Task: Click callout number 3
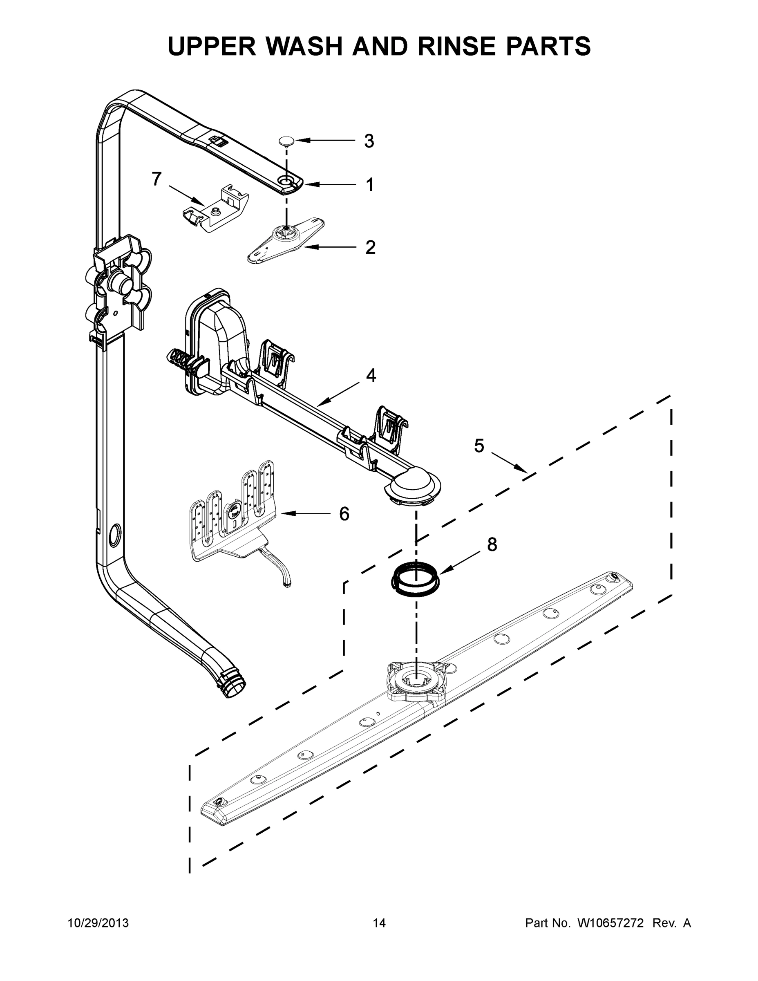pyautogui.click(x=369, y=141)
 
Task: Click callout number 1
pyautogui.click(x=369, y=185)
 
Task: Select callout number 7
pyautogui.click(x=156, y=179)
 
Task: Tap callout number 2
pyautogui.click(x=370, y=247)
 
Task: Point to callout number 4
pyautogui.click(x=371, y=376)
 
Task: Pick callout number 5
pyautogui.click(x=479, y=446)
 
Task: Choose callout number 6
pyautogui.click(x=344, y=514)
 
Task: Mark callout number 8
pyautogui.click(x=492, y=545)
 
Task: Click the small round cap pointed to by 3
pyautogui.click(x=285, y=141)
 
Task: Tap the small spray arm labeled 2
pyautogui.click(x=286, y=240)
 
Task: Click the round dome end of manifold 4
pyautogui.click(x=413, y=486)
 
